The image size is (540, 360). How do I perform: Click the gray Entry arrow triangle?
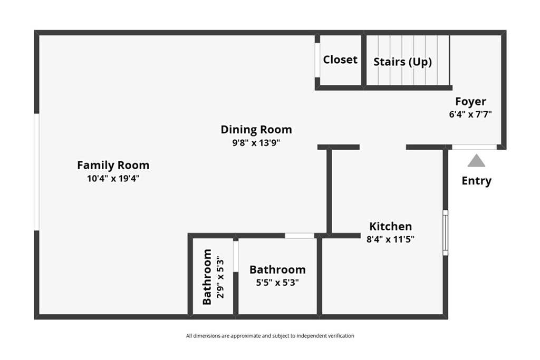tap(476, 161)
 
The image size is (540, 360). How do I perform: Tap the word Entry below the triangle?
tap(476, 181)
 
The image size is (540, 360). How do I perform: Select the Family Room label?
tap(113, 165)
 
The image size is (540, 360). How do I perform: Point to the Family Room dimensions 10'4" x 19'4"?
tap(113, 178)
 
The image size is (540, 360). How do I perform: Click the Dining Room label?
tap(256, 130)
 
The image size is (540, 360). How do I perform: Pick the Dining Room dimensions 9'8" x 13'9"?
tap(256, 142)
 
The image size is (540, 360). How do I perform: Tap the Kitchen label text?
tap(391, 227)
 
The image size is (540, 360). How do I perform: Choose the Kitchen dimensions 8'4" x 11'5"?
tap(391, 239)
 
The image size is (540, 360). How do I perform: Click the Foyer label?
tap(470, 102)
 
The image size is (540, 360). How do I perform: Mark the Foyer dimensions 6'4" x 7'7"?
tap(470, 114)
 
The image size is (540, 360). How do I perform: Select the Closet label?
tap(340, 60)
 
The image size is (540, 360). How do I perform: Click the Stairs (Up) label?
tap(402, 62)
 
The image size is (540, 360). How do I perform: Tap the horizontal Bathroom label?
tap(277, 269)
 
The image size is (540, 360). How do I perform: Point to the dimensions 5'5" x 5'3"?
tap(277, 283)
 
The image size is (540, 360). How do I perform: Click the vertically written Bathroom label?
tap(207, 277)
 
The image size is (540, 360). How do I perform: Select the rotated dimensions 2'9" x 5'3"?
tap(220, 277)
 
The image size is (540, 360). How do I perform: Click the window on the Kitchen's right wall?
tap(445, 232)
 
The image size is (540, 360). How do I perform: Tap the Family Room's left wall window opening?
tap(36, 172)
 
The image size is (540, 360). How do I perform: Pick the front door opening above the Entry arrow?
tap(474, 147)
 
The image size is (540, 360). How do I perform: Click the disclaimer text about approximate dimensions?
tap(270, 336)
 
